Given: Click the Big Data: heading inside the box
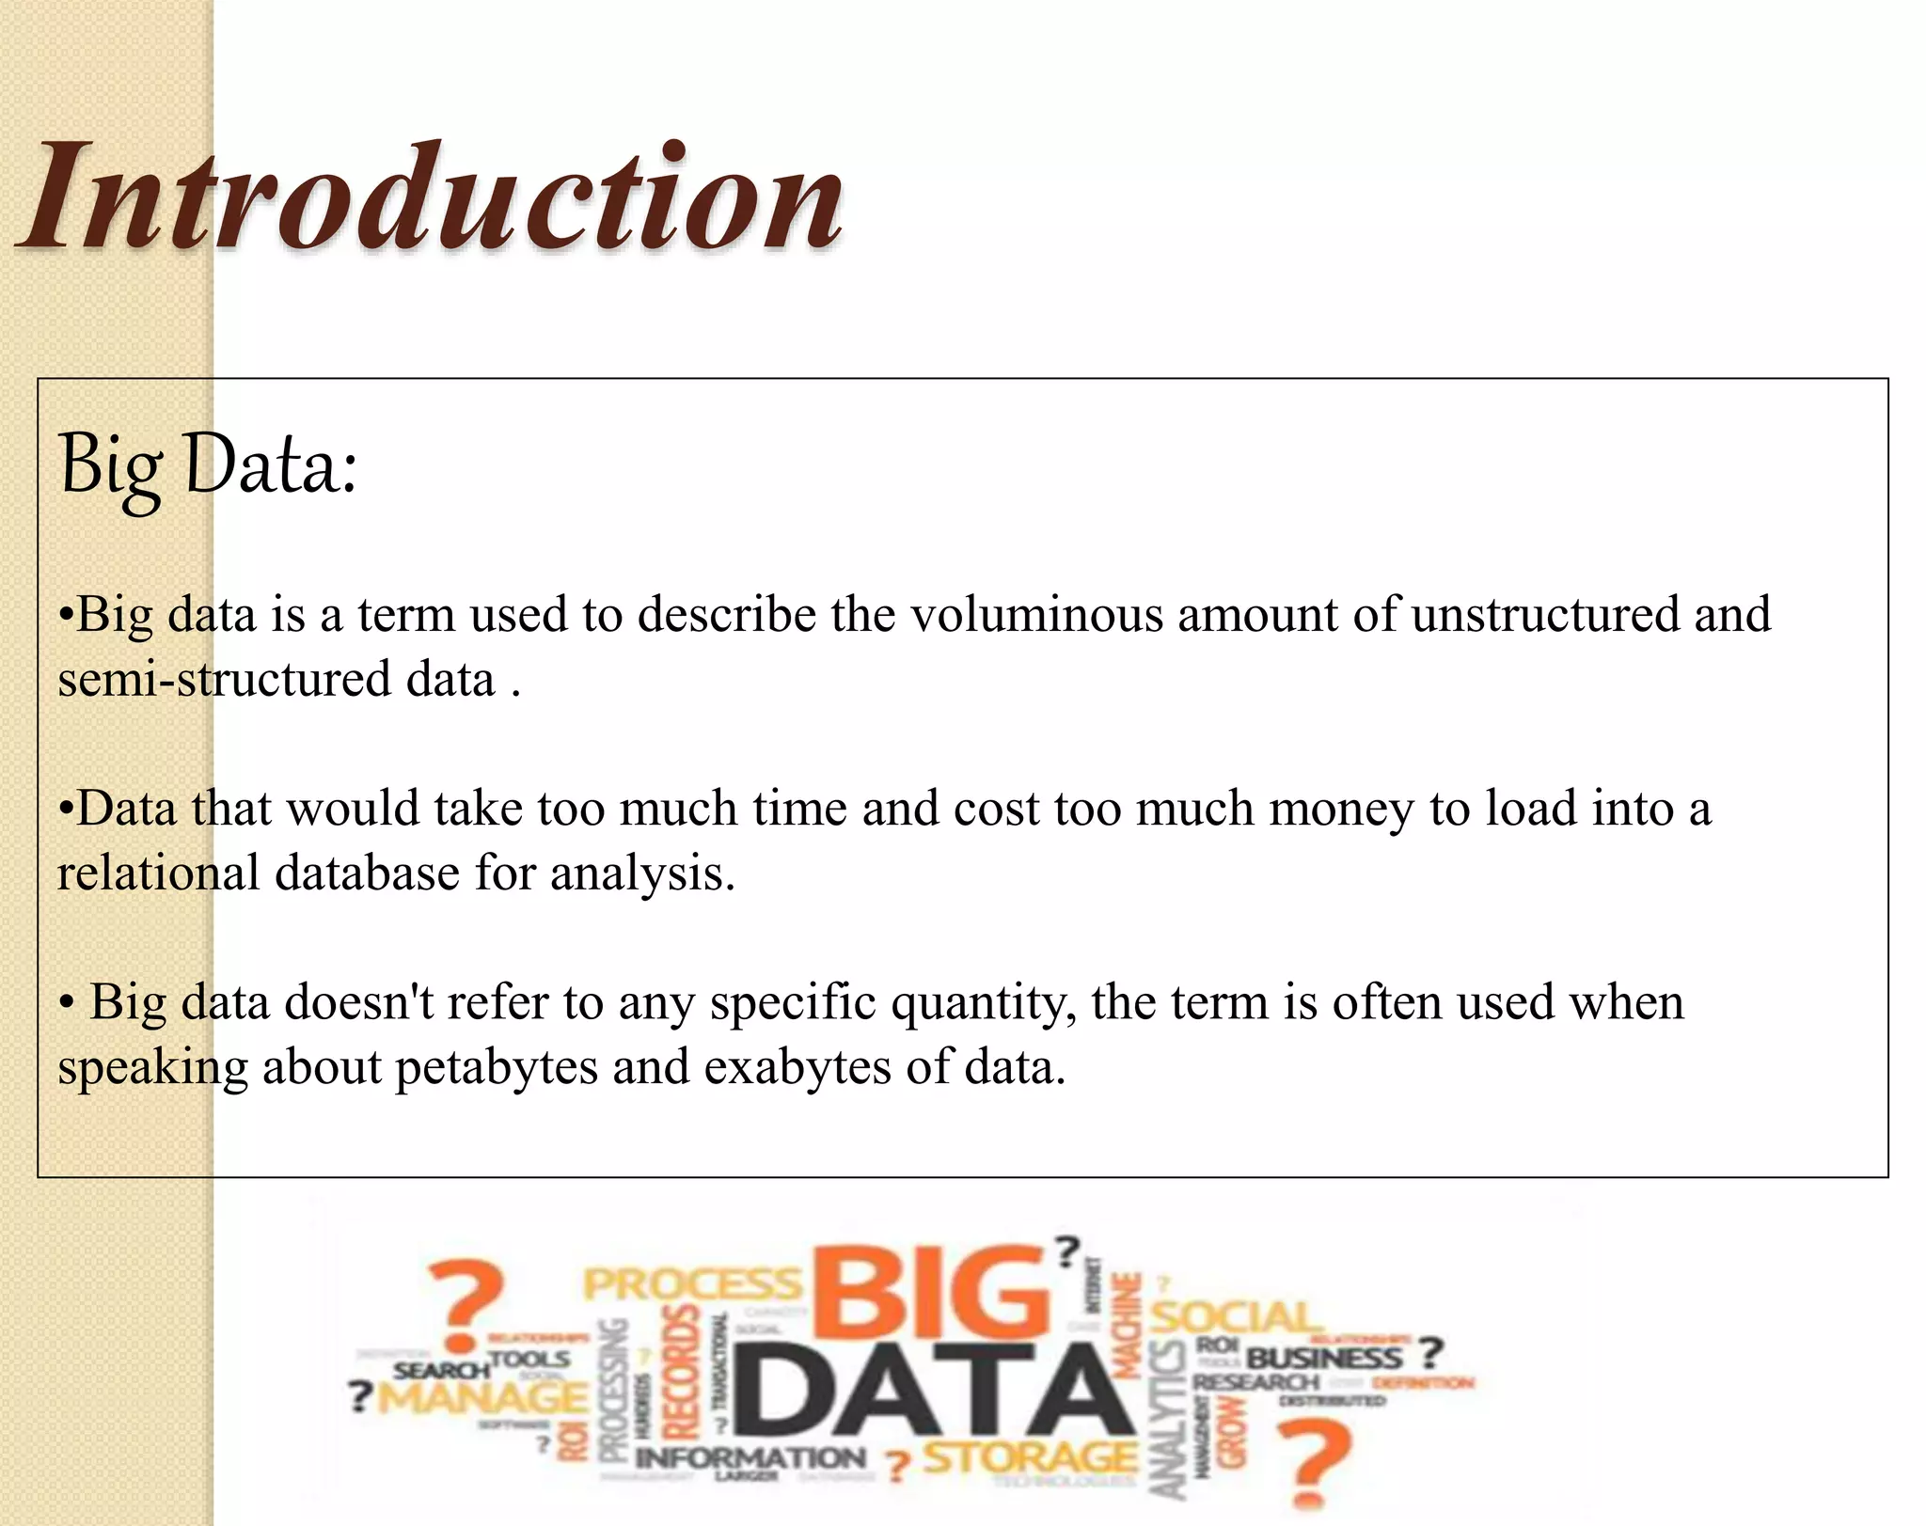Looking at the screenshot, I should pyautogui.click(x=208, y=464).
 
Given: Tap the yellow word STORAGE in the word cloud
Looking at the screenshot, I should pyautogui.click(x=1029, y=1458).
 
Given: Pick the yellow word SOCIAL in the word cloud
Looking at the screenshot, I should pyautogui.click(x=1233, y=1317).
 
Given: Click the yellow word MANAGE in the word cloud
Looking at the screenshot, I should pyautogui.click(x=482, y=1397).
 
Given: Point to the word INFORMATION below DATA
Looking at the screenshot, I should pyautogui.click(x=750, y=1458).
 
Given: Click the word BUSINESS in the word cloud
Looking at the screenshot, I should pyautogui.click(x=1324, y=1358).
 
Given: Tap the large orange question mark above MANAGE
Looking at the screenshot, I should pyautogui.click(x=466, y=1304).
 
